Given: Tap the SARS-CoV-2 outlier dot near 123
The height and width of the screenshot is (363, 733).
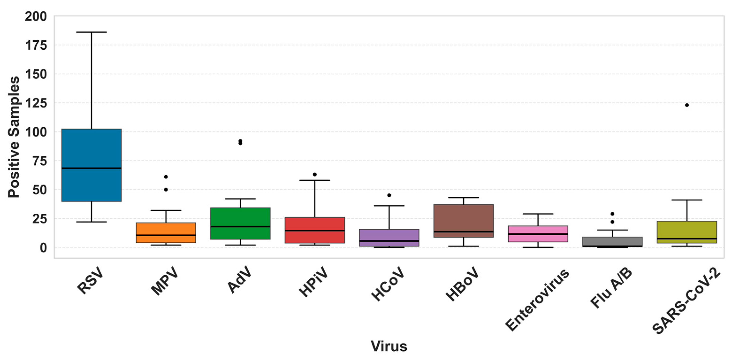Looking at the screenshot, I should click(x=687, y=105).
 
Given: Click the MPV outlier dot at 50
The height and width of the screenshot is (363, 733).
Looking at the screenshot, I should click(x=166, y=189).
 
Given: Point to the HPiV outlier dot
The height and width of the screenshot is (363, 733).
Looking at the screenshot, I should click(x=315, y=174).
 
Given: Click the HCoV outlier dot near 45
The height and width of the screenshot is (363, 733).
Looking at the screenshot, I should click(x=389, y=195).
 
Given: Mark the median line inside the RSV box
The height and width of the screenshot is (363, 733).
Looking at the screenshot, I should click(x=91, y=168).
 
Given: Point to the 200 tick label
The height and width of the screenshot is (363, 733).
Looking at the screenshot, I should click(x=36, y=16).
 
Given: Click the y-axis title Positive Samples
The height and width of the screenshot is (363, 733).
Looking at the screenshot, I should click(x=14, y=137).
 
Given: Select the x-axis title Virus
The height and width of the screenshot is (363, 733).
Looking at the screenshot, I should click(x=389, y=346).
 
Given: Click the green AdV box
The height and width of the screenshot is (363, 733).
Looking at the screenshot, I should click(x=240, y=223).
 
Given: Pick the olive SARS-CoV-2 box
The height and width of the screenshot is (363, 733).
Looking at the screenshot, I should click(x=687, y=232).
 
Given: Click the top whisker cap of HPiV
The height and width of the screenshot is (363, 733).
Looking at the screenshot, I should click(x=315, y=180).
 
